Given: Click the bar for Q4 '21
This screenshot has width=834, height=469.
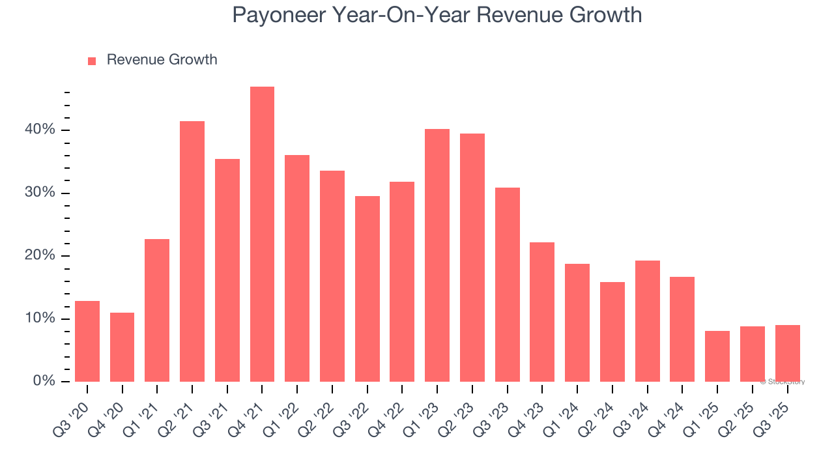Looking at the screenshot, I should [262, 234].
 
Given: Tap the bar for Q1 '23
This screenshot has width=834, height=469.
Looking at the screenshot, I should [437, 255].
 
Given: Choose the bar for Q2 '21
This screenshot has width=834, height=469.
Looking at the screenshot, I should [192, 251].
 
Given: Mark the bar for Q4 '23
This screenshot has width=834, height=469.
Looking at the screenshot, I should [542, 312].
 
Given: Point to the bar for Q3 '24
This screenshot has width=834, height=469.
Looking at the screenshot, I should [647, 321].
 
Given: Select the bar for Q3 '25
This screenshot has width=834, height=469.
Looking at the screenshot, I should [787, 353].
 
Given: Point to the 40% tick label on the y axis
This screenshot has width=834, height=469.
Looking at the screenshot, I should [40, 130].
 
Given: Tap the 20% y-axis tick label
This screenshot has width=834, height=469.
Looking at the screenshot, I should [40, 255].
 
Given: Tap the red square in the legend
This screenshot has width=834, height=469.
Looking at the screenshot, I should [92, 61].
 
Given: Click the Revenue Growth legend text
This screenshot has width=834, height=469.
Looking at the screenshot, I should [162, 60].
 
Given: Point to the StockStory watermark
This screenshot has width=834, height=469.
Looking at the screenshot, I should [782, 382].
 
